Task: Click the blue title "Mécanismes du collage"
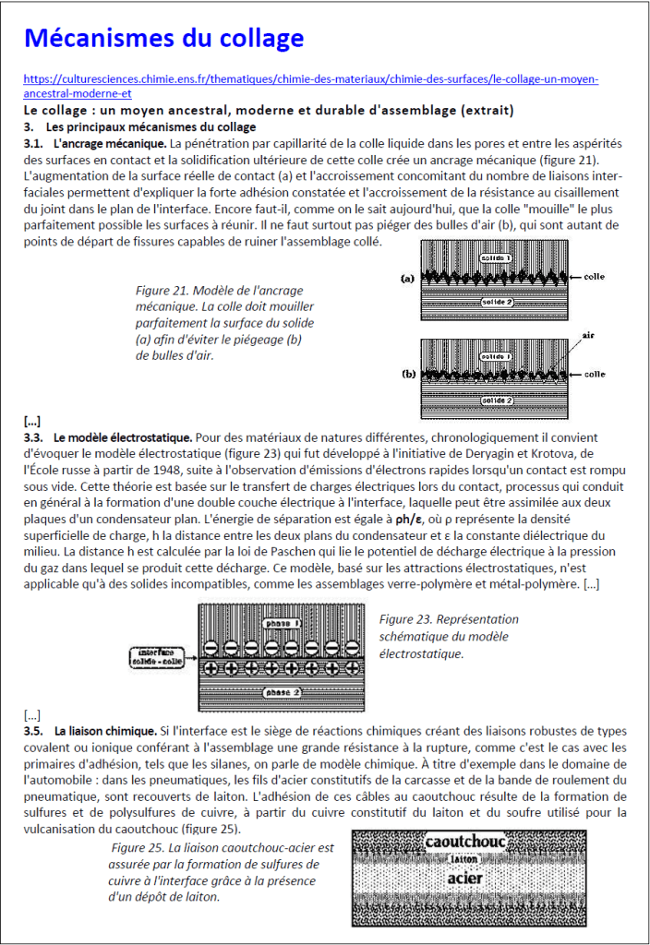coord(164,39)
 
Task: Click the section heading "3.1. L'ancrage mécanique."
coord(95,143)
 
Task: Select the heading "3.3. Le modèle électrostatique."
coord(108,437)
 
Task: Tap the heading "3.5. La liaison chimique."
coord(90,731)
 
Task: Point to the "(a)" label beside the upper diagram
coord(407,279)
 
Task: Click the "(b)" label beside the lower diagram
coord(409,374)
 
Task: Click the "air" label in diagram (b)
coord(588,335)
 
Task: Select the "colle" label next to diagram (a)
coord(594,277)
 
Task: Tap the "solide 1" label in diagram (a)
coord(495,258)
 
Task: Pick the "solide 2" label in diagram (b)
coord(496,401)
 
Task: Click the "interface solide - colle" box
coord(156,657)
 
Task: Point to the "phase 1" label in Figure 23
coord(282,623)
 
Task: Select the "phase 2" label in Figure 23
coord(282,692)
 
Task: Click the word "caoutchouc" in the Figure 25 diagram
coord(465,842)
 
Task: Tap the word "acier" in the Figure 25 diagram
coord(465,879)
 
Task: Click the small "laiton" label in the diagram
coord(464,859)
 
